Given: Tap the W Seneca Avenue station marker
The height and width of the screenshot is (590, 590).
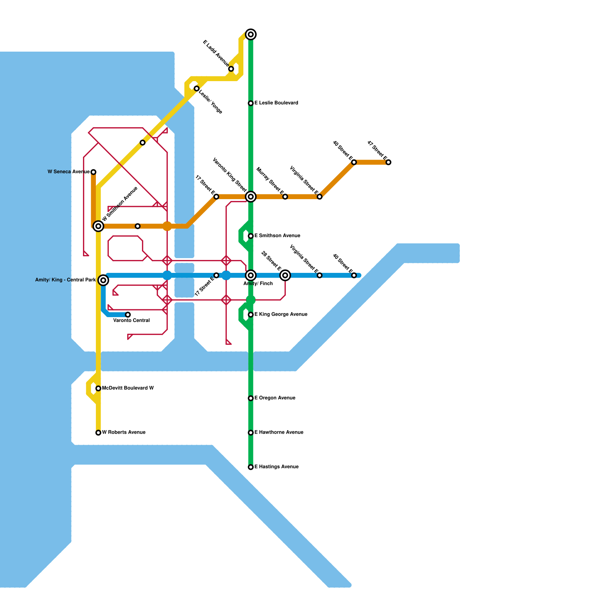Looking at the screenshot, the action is [x=93, y=172].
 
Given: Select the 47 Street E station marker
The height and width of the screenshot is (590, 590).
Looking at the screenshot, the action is [x=388, y=162].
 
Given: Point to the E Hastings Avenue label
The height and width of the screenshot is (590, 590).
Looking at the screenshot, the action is [x=276, y=467].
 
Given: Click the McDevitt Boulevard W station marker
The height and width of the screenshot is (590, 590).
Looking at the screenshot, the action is [x=98, y=388].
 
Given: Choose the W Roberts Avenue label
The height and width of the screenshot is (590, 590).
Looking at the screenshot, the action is [x=124, y=432].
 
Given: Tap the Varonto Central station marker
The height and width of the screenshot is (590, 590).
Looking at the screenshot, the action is [x=128, y=315].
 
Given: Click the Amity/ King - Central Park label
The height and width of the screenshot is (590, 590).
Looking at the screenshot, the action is [x=65, y=280].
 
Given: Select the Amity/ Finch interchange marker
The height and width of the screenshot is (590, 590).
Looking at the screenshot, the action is [x=251, y=275].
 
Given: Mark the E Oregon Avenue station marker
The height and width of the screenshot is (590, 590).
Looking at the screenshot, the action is [x=251, y=398].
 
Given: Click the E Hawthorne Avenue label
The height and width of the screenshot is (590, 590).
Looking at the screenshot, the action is [x=279, y=432].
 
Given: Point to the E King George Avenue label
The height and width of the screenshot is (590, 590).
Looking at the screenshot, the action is [x=281, y=315].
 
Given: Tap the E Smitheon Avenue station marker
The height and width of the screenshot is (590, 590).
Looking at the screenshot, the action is [x=251, y=236].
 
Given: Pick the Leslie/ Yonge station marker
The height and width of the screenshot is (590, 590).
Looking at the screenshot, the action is [x=197, y=88].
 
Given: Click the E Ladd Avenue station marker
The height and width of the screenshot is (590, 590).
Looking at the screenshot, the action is [x=231, y=69].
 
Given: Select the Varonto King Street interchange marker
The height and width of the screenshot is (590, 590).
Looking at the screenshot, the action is [x=251, y=197].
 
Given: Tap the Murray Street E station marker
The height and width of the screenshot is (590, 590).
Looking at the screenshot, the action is [x=285, y=197].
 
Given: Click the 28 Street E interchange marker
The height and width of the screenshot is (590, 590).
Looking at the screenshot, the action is [x=285, y=275].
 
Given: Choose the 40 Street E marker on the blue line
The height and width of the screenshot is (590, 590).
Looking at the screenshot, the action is [x=354, y=275].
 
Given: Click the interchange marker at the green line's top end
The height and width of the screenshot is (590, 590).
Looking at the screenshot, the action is [x=251, y=34].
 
